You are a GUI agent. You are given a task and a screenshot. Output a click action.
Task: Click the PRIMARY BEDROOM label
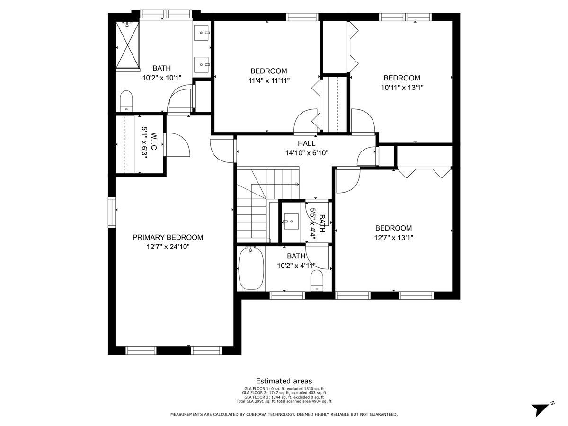coord(168,237)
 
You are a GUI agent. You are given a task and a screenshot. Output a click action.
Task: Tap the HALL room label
coord(306,143)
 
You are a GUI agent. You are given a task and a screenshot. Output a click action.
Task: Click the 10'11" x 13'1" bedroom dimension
coord(402,88)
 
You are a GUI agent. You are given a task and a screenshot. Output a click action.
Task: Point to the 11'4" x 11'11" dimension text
coord(268,80)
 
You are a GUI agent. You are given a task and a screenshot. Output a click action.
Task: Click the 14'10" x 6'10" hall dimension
coord(307,153)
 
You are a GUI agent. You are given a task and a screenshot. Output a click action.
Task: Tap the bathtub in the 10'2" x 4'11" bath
coord(251,268)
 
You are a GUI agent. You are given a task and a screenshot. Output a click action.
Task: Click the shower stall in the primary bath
coord(127,45)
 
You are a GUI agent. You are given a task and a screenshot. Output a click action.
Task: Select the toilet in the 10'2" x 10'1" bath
coord(126,101)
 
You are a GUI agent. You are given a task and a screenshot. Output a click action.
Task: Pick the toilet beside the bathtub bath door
coord(317,280)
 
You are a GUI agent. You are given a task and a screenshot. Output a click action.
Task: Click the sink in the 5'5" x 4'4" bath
coord(291,222)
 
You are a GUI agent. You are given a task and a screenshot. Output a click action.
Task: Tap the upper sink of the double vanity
coord(201,33)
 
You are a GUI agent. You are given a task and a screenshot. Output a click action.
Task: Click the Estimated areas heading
coord(284,381)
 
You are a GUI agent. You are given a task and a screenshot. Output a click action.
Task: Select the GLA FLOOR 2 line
coord(284,392)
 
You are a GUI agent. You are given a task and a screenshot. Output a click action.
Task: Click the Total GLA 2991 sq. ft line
coord(284,401)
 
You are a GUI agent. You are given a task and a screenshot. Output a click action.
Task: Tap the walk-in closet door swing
coord(177,144)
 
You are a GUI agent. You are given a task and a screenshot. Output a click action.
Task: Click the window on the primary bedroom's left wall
coord(112,212)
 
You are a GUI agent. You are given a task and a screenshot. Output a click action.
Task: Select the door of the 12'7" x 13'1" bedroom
coord(348,180)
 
